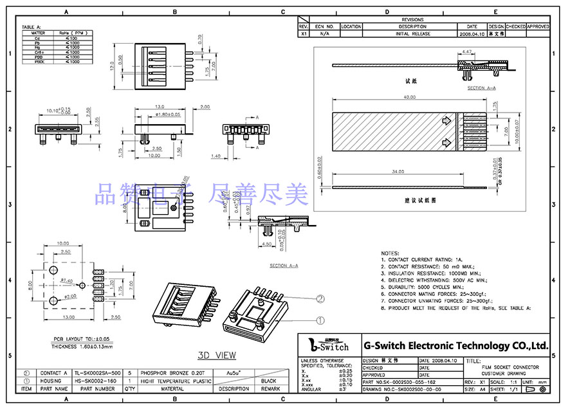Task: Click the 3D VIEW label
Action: tap(217, 355)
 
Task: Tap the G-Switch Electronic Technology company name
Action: tap(456, 345)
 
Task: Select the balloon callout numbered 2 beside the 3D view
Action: tap(319, 298)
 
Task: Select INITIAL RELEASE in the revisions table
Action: tap(412, 33)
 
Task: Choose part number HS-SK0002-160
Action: tap(95, 381)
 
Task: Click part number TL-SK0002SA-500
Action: tap(97, 372)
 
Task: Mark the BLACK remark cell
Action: tap(270, 381)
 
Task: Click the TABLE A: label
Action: tap(31, 27)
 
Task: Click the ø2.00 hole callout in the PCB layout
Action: tap(71, 296)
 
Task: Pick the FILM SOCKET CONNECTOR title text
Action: tap(510, 367)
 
